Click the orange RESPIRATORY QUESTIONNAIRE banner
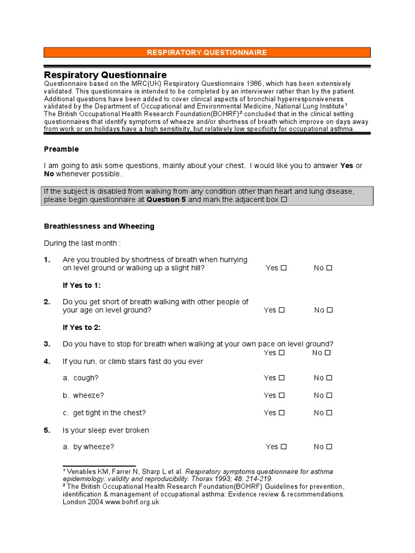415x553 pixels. [x=207, y=52]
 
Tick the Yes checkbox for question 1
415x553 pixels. [x=284, y=268]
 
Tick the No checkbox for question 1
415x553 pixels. [x=329, y=268]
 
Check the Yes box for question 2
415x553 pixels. [x=282, y=310]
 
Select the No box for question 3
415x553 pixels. [x=327, y=353]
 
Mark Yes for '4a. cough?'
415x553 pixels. [x=282, y=378]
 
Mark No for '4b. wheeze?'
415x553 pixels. [x=329, y=395]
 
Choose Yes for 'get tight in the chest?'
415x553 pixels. [x=282, y=413]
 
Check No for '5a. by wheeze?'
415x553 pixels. [x=329, y=447]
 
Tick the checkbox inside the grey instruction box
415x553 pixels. [x=284, y=200]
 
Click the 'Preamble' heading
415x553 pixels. [x=61, y=149]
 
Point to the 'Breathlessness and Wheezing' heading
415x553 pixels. [x=99, y=226]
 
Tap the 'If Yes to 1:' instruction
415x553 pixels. [x=82, y=285]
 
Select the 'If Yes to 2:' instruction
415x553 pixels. [x=82, y=327]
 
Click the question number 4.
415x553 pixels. [x=47, y=361]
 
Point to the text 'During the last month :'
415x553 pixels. [x=82, y=243]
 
